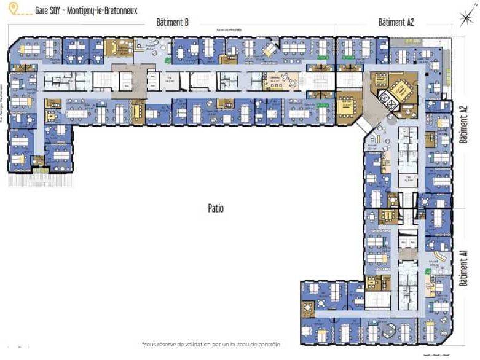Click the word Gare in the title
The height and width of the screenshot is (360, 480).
click(44, 10)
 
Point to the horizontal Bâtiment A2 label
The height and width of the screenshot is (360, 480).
click(396, 23)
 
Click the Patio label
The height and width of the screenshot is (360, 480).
click(215, 209)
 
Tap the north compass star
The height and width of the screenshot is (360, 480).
click(470, 17)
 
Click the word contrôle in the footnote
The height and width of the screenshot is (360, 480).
click(268, 345)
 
